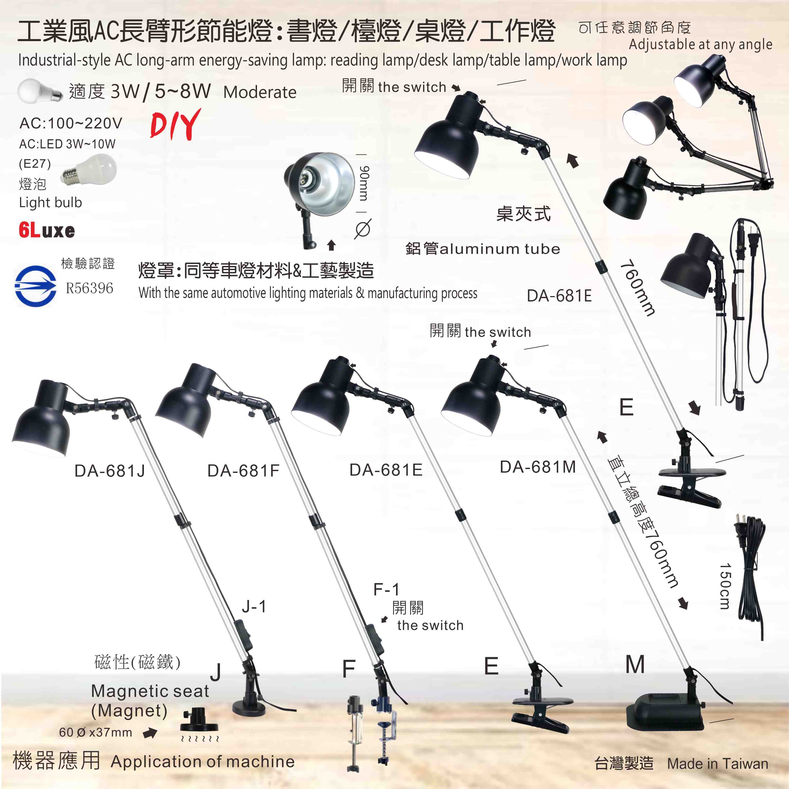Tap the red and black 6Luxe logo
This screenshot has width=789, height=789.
pos(47,230)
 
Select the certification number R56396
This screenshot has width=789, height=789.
pos(89,288)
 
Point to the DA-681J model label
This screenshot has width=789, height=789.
pos(109,471)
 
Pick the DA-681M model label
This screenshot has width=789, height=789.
pos(538,467)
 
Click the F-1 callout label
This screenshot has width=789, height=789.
pos(386,589)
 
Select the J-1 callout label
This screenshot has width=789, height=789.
pos(254,607)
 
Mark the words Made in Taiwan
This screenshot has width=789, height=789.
pos(718,763)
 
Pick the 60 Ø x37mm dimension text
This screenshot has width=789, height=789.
pos(96,732)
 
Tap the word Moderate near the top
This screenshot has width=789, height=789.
pos(260,92)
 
